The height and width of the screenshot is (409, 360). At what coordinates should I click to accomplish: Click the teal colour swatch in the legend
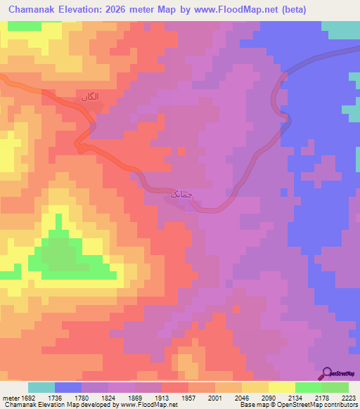coord(41,387)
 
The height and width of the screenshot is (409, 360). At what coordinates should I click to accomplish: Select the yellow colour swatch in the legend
coord(281,387)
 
